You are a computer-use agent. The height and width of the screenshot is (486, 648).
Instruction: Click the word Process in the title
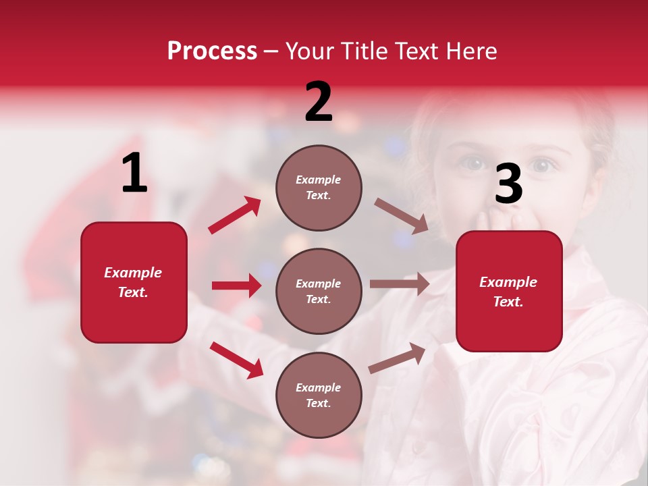pyautogui.click(x=212, y=51)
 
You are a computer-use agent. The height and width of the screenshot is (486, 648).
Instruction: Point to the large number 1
pyautogui.click(x=134, y=174)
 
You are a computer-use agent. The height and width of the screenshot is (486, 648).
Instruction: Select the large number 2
pyautogui.click(x=319, y=102)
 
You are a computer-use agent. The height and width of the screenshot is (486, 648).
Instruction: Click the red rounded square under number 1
pyautogui.click(x=134, y=282)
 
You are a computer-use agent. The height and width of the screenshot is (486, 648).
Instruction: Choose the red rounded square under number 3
pyautogui.click(x=509, y=291)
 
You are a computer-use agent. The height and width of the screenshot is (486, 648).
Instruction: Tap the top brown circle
pyautogui.click(x=319, y=188)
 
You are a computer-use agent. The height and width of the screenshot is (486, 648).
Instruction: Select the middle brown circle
pyautogui.click(x=319, y=291)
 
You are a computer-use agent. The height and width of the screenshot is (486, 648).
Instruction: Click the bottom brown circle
pyautogui.click(x=319, y=395)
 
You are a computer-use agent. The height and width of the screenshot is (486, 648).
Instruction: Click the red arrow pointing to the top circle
pyautogui.click(x=235, y=215)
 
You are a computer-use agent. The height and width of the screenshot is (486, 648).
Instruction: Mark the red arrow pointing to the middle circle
pyautogui.click(x=236, y=286)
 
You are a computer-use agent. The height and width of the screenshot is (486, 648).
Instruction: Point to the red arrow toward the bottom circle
pyautogui.click(x=236, y=360)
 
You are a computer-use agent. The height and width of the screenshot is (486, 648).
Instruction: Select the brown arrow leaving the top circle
pyautogui.click(x=402, y=216)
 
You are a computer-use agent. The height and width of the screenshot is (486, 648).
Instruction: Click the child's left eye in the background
pyautogui.click(x=474, y=164)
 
